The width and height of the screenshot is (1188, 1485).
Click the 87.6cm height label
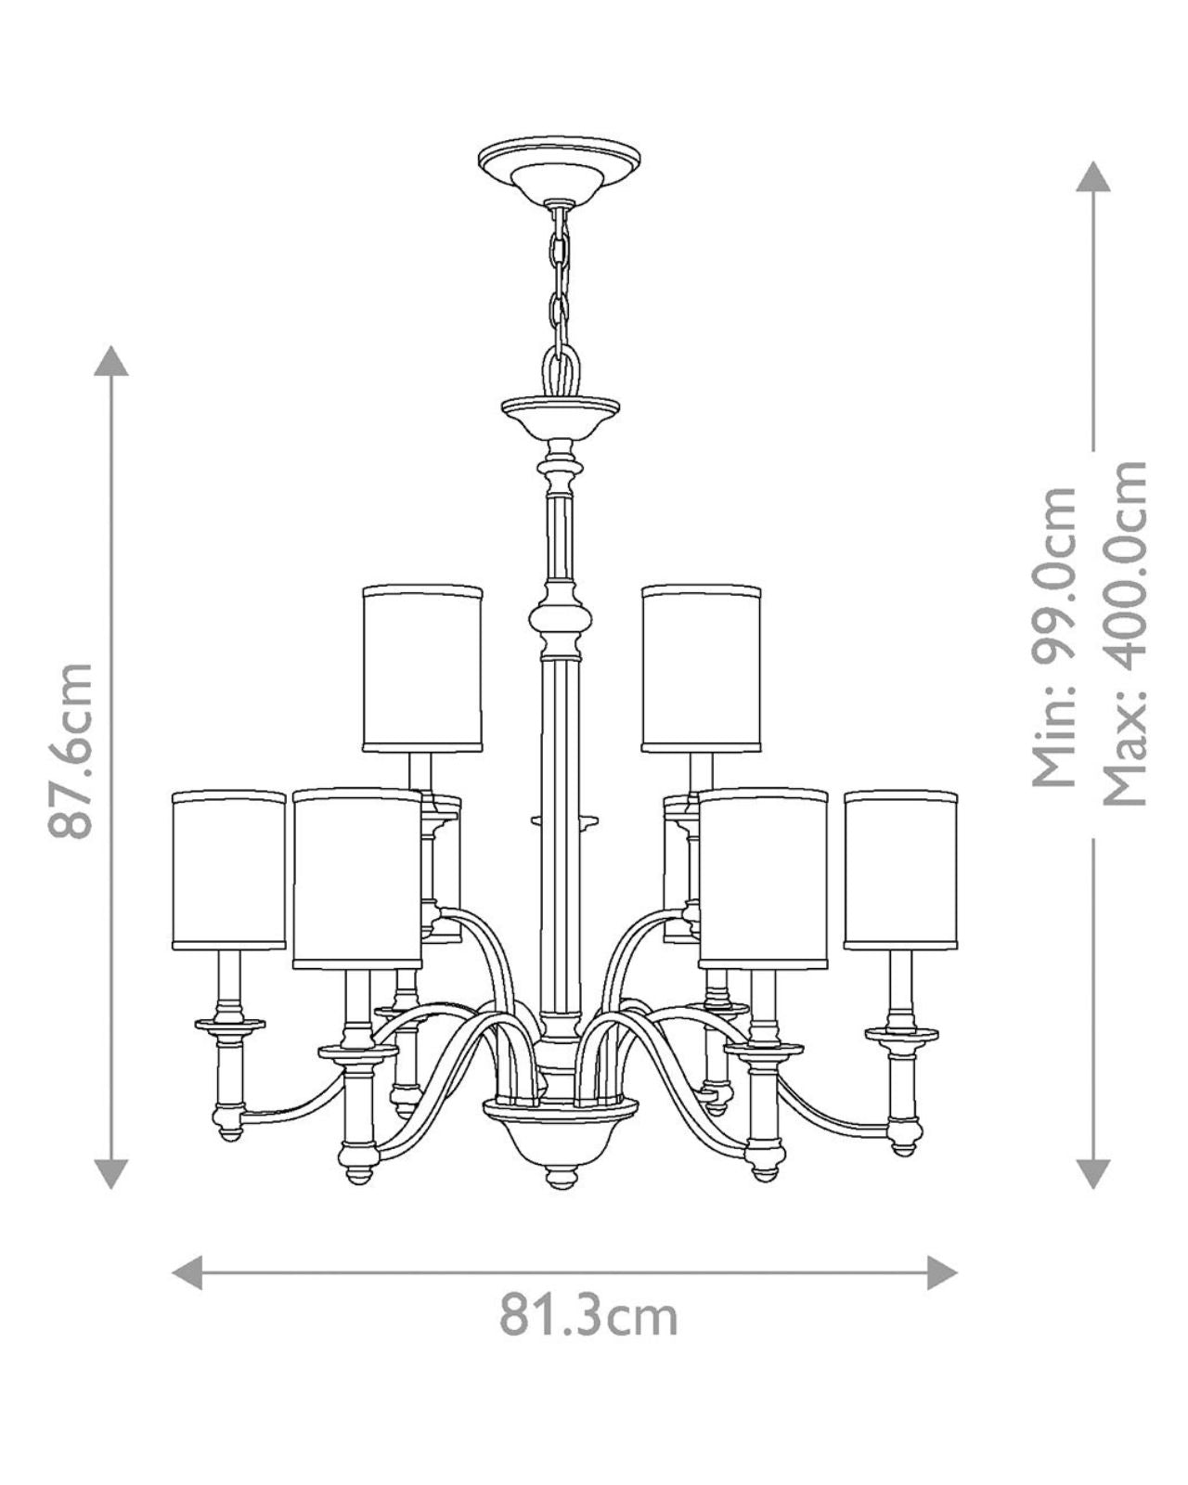point(72,750)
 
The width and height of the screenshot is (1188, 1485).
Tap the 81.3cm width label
point(588,1315)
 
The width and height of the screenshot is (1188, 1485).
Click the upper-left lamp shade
point(422,667)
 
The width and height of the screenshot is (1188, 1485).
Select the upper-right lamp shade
point(701,667)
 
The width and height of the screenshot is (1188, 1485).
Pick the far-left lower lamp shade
point(228,870)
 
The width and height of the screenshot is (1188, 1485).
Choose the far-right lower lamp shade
point(900,870)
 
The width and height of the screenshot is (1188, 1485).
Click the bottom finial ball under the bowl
point(558,1178)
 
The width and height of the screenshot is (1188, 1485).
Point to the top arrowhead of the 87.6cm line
point(112,360)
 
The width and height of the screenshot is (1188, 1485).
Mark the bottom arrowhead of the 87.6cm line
point(112,1173)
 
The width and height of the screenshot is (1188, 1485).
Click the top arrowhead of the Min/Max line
point(1093,176)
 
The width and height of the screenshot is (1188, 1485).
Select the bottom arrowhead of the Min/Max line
point(1093,1173)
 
